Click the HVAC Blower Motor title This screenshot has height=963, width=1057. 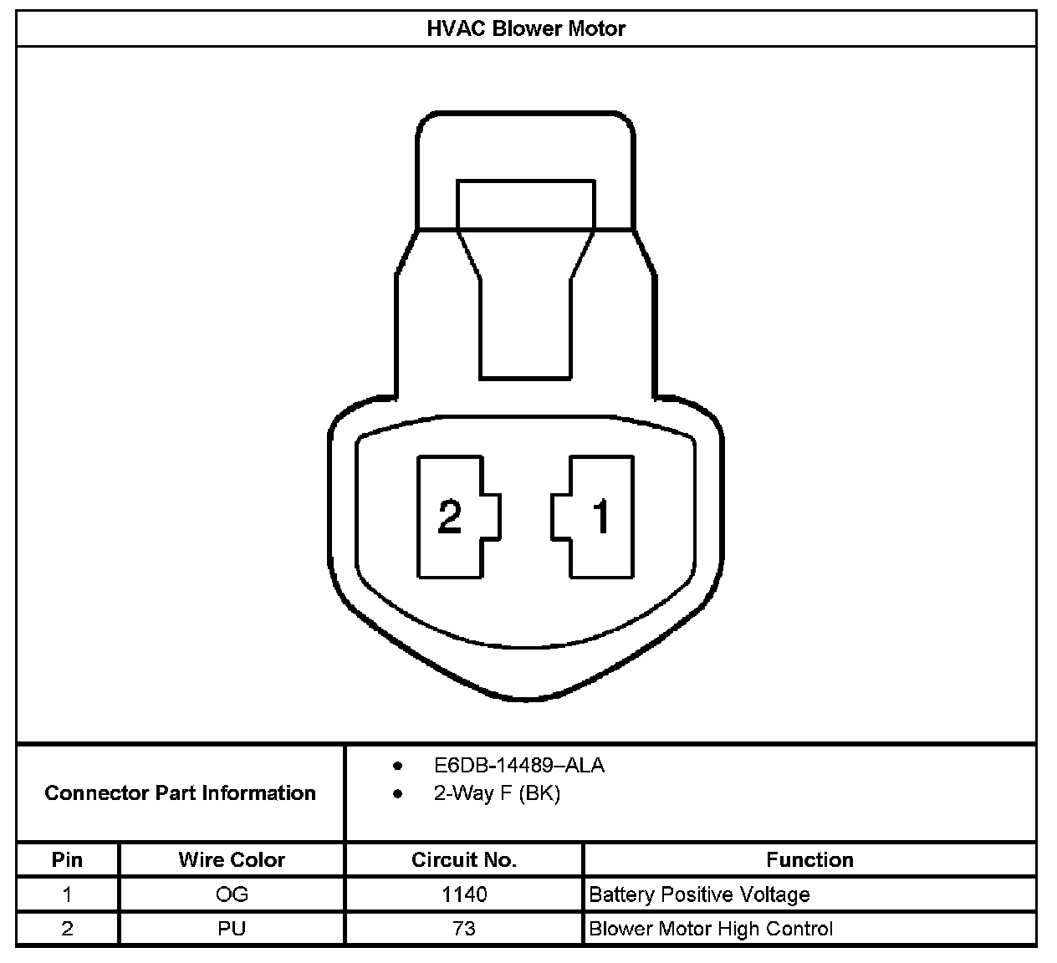click(526, 28)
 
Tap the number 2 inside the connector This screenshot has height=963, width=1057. click(449, 517)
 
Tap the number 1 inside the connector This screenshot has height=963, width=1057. click(601, 517)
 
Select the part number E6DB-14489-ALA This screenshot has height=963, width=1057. click(519, 766)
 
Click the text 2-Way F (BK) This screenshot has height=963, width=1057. click(497, 793)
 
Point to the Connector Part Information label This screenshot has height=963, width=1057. click(180, 792)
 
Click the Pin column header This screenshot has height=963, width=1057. click(67, 859)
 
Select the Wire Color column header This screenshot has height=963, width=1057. click(232, 859)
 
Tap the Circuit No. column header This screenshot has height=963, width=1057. click(463, 859)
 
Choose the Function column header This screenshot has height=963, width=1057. click(809, 859)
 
